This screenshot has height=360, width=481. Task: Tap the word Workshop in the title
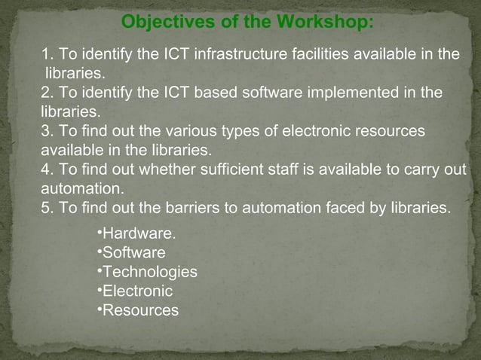click(321, 21)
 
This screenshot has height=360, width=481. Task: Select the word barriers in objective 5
click(176, 207)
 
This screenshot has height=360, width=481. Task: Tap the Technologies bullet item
click(149, 271)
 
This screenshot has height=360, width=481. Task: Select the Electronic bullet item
click(137, 291)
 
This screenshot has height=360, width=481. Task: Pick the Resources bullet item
click(140, 310)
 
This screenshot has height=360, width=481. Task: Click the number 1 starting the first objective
click(46, 55)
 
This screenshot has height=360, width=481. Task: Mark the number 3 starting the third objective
click(46, 131)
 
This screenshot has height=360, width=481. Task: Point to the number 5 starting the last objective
click(46, 207)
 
